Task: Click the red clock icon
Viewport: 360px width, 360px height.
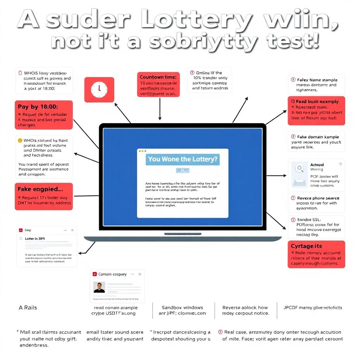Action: coord(99,90)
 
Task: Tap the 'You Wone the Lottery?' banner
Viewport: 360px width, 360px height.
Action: coord(182,159)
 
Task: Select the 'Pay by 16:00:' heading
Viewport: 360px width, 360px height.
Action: coord(38,106)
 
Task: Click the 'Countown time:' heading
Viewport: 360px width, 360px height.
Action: coord(158,77)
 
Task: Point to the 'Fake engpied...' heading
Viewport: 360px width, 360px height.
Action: coord(40,189)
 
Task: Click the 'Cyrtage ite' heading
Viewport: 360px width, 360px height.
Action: coord(306,246)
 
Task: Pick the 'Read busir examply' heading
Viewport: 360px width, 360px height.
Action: coord(317,102)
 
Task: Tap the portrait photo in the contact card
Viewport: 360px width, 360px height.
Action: coord(99,287)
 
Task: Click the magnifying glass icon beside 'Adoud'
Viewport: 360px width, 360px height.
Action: coord(300,168)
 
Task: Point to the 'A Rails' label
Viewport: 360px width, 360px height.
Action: coord(28,308)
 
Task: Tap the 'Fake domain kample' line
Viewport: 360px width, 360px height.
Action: coord(318,137)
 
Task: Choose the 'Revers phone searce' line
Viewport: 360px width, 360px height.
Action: coord(318,198)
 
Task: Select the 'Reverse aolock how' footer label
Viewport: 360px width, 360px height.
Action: coord(245,308)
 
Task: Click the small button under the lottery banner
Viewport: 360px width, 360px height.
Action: coord(182,170)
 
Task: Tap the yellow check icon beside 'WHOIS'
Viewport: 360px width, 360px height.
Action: coord(20,140)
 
